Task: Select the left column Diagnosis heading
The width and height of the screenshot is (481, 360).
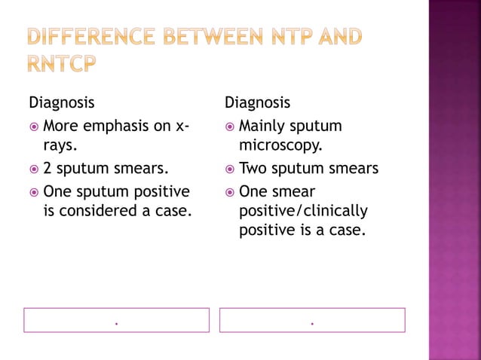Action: point(62,102)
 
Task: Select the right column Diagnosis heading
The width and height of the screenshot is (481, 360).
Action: point(257,102)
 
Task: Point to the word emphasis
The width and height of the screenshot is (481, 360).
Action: point(119,126)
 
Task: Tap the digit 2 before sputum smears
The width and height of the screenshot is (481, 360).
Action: point(48,168)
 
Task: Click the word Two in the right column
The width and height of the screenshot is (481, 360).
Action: point(253,168)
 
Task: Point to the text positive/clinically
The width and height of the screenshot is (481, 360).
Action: point(303,211)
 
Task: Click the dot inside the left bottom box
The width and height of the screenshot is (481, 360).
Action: point(117,323)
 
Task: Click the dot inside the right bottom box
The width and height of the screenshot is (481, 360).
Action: point(312,323)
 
